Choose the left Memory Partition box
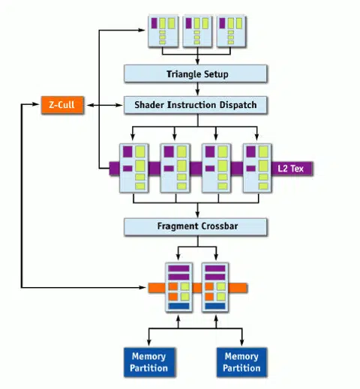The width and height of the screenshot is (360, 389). (x=148, y=361)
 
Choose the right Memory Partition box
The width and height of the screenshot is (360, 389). (x=241, y=361)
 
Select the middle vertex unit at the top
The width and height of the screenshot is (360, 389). (x=199, y=31)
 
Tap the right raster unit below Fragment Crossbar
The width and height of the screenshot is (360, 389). (x=216, y=287)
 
